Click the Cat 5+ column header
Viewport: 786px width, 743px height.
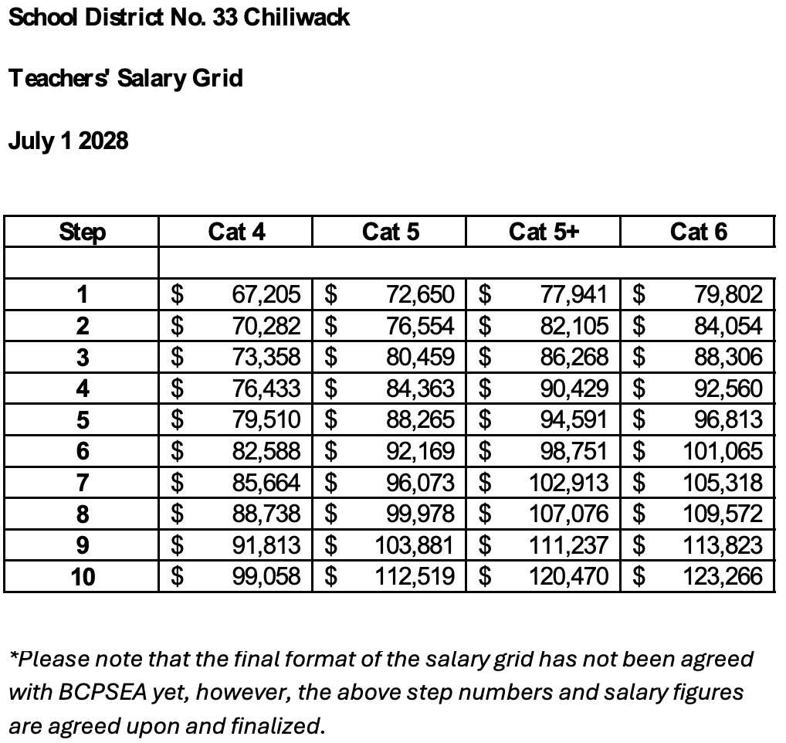[544, 232]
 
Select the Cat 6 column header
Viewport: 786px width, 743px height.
[698, 232]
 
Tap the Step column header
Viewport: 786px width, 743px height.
[83, 232]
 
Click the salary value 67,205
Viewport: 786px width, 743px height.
[266, 294]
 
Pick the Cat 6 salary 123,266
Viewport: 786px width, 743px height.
[723, 576]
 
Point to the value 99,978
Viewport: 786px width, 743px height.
[420, 514]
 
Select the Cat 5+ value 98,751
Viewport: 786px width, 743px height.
[574, 451]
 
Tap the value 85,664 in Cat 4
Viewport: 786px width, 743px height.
[266, 483]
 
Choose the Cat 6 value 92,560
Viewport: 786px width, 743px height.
[728, 388]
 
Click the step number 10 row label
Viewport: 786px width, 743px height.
[83, 576]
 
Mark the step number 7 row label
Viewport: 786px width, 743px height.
[83, 483]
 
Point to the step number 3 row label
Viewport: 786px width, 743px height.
[83, 358]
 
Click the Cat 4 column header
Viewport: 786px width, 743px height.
[236, 232]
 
